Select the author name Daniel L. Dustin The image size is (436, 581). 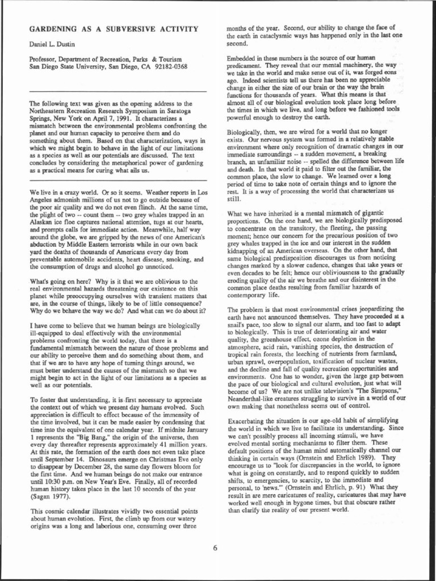(54, 44)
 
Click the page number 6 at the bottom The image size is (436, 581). (216, 547)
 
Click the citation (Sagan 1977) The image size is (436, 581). (51, 496)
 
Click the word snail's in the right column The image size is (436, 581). (238, 322)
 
